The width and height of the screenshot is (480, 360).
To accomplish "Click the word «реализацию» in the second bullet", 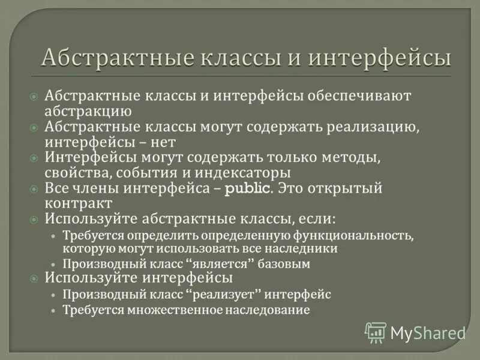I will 367,127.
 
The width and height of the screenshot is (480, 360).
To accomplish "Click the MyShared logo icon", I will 376,332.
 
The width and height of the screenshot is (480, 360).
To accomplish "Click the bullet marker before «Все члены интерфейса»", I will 34,189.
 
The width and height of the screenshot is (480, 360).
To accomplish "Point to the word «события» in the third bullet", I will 145,173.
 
